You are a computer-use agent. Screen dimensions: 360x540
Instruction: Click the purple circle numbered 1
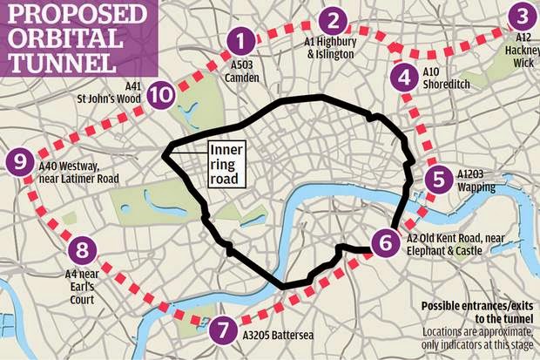click(241, 38)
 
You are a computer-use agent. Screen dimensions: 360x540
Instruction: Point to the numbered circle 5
click(439, 180)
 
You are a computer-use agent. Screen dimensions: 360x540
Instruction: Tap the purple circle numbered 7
click(223, 331)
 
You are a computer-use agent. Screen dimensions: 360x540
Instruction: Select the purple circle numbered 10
click(159, 93)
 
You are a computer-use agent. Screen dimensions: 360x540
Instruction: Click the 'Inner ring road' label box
click(225, 161)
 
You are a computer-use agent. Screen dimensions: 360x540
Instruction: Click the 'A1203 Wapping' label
click(476, 180)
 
